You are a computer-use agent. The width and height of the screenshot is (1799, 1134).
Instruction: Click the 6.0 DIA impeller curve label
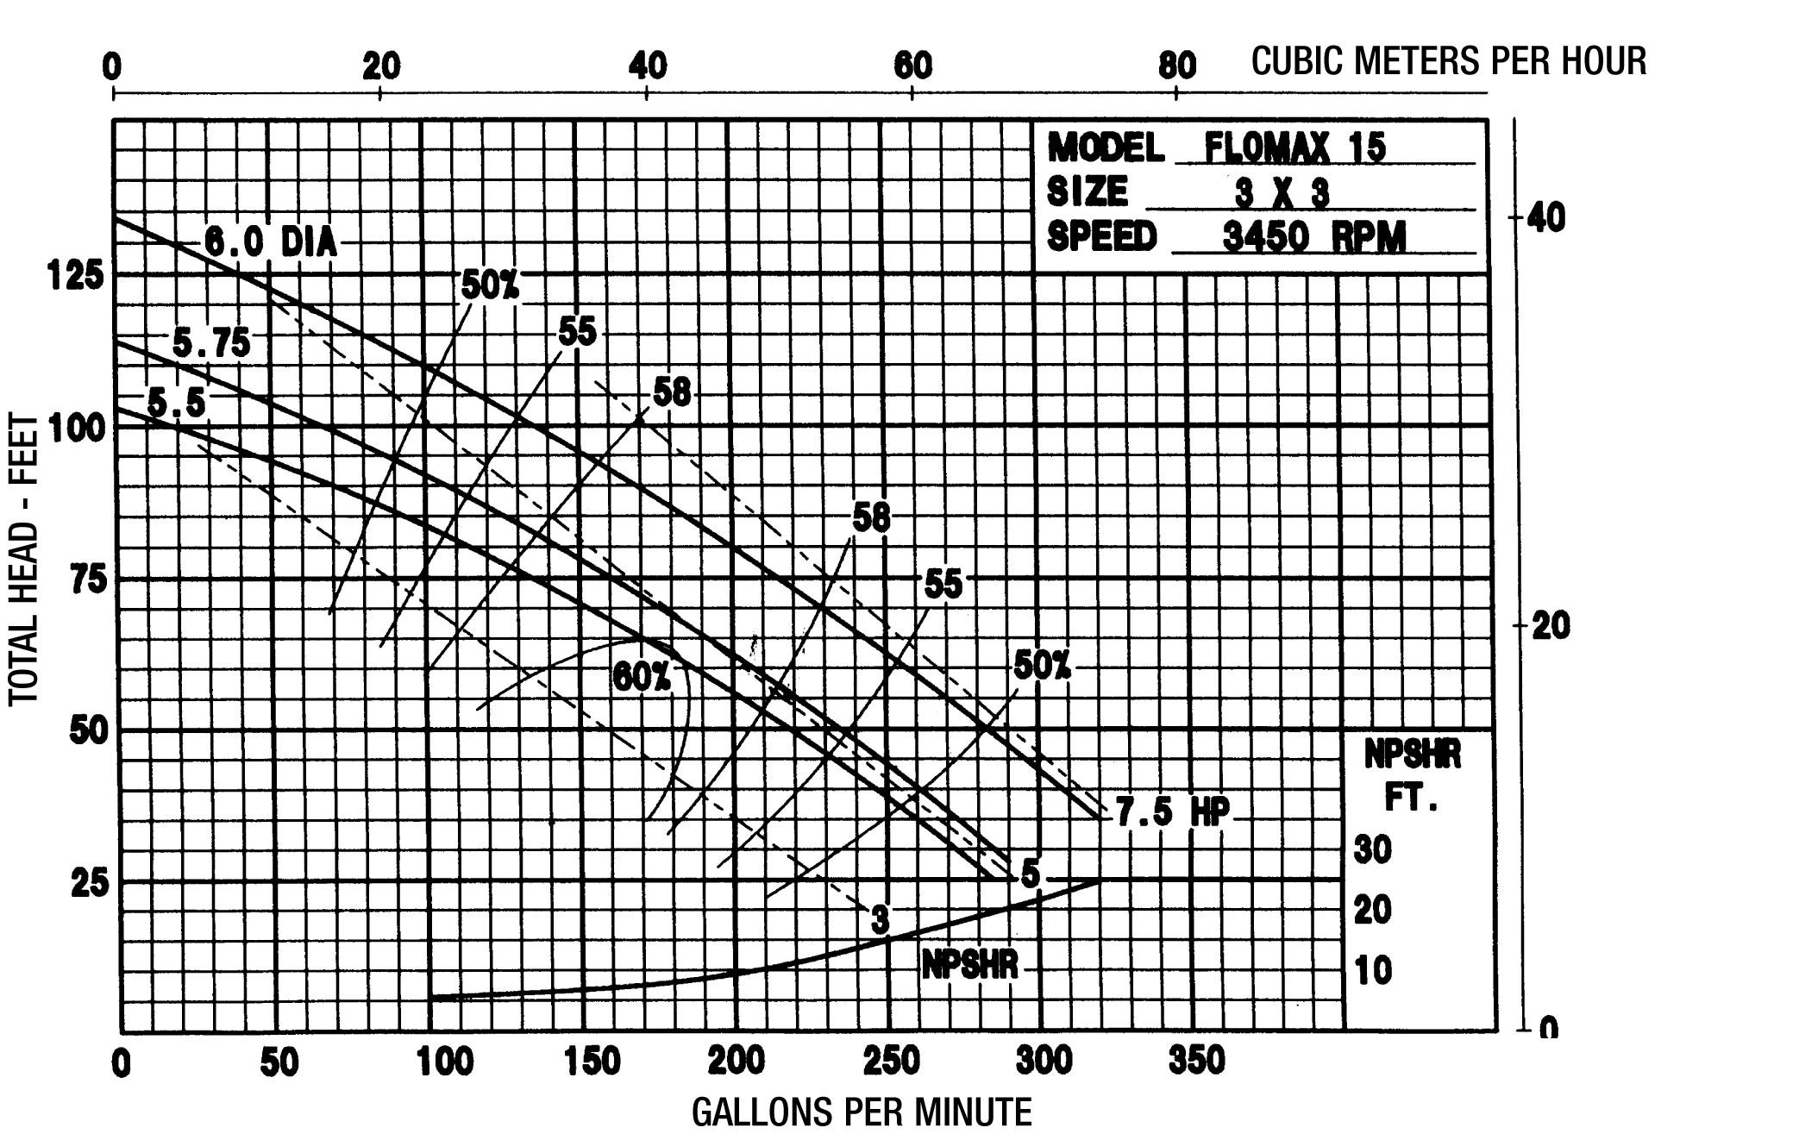click(x=270, y=243)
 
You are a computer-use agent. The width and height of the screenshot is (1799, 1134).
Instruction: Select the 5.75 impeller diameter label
click(x=211, y=343)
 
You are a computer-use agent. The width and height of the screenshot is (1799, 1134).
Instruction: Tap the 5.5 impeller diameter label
click(x=177, y=403)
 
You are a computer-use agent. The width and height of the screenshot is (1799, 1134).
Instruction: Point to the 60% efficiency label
click(x=641, y=678)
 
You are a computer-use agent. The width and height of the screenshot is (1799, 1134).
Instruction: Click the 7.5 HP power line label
click(x=1172, y=811)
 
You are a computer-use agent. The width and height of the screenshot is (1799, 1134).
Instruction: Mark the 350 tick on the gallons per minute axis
click(x=1196, y=1061)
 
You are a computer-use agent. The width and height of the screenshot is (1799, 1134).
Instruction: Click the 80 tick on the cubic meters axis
click(x=1176, y=66)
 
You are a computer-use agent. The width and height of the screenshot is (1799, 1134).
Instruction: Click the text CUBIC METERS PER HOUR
click(x=1449, y=61)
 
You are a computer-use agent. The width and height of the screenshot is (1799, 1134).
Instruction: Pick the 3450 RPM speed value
click(x=1313, y=236)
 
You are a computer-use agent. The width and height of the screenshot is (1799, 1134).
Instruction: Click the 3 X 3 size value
click(x=1282, y=194)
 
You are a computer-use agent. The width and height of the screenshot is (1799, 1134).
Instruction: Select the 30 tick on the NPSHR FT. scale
click(x=1372, y=850)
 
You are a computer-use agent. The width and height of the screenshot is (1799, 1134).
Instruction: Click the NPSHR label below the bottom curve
click(x=970, y=964)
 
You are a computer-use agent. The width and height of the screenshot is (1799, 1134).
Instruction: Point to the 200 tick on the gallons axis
click(x=736, y=1061)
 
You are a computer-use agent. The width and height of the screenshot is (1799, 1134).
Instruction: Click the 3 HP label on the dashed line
click(x=880, y=920)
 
